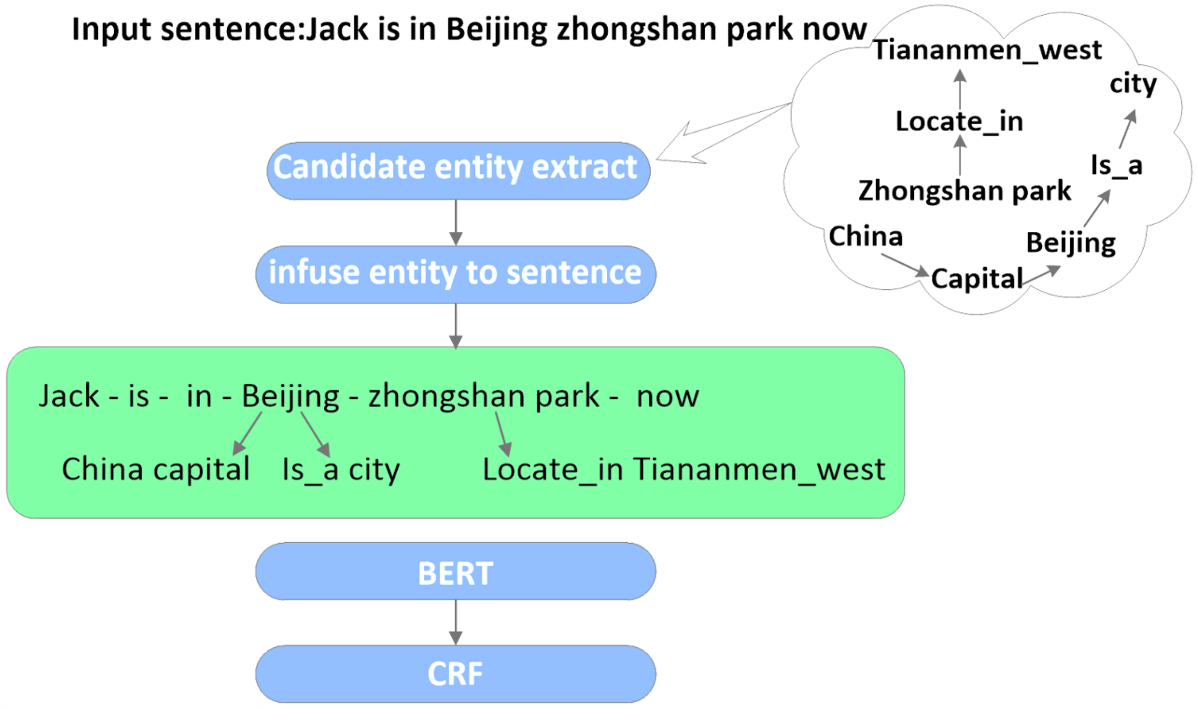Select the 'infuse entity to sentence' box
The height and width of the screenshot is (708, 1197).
click(456, 274)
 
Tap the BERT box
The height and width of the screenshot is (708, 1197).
click(456, 572)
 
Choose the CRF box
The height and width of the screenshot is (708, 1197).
click(456, 674)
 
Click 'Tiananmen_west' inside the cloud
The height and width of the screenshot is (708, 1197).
click(987, 49)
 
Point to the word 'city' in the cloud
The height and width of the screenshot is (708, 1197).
click(1133, 85)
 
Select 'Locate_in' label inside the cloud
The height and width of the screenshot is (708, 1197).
click(959, 121)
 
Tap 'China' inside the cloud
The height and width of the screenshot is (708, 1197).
click(866, 236)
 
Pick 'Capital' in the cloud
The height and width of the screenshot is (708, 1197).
click(977, 278)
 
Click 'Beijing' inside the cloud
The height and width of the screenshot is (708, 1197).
click(1070, 243)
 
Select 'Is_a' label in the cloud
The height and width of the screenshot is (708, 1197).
click(1116, 166)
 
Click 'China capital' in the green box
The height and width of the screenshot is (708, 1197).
click(155, 469)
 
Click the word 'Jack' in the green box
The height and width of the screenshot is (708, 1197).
click(69, 396)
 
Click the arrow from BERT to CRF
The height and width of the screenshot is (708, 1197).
click(456, 622)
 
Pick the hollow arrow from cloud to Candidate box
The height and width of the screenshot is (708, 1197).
click(716, 134)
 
